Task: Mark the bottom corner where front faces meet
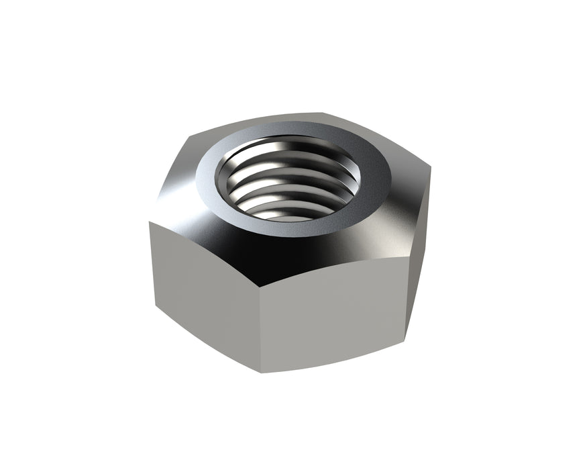pyautogui.click(x=260, y=373)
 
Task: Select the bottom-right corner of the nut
pyautogui.click(x=405, y=340)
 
